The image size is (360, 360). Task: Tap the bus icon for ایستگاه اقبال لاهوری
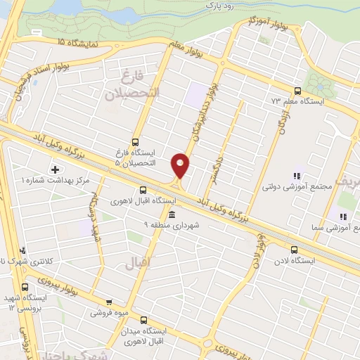(143, 190)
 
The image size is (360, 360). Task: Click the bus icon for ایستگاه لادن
(294, 249)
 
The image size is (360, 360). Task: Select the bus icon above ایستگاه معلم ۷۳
(297, 91)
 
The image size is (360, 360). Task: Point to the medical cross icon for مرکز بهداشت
(55, 169)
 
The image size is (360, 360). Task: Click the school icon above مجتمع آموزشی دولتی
(296, 176)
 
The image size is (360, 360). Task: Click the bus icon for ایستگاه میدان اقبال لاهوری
(143, 319)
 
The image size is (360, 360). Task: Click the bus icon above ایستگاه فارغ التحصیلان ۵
(135, 141)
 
